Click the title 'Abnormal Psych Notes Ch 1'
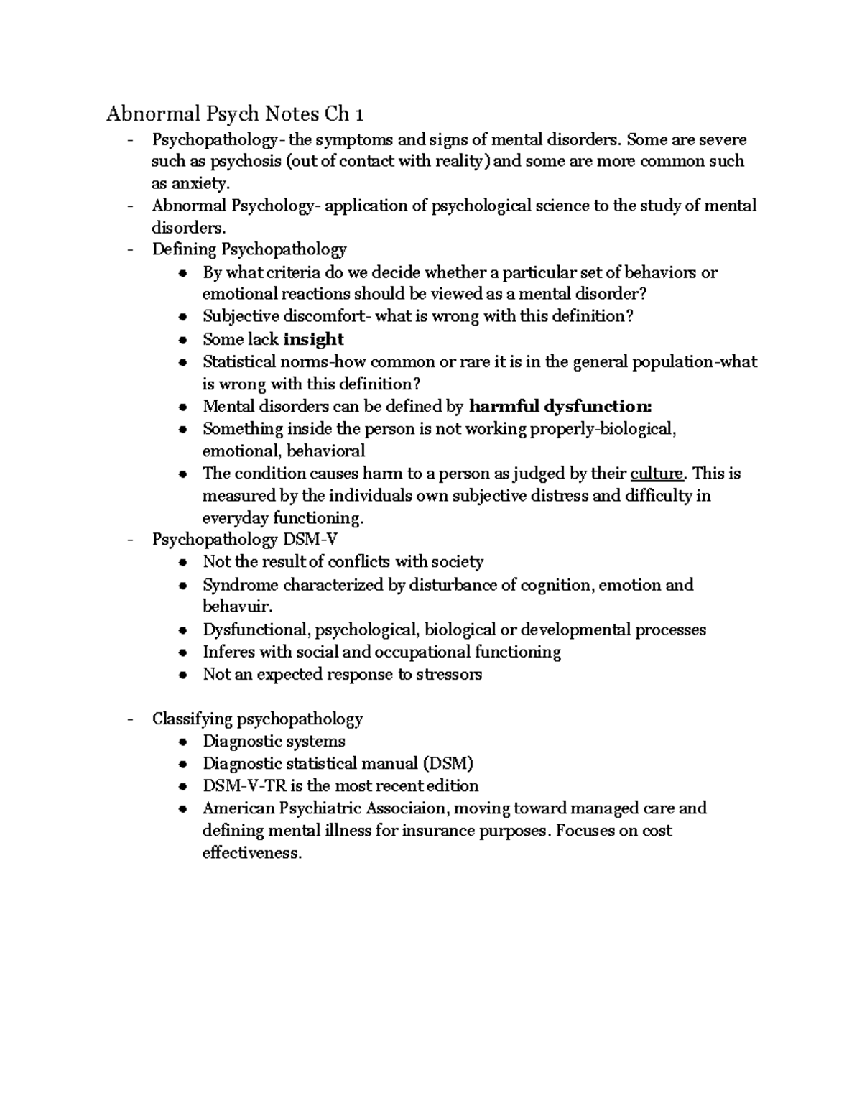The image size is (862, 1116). pyautogui.click(x=235, y=114)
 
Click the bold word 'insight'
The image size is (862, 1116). pyautogui.click(x=313, y=339)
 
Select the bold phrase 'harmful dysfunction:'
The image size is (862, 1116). pyautogui.click(x=560, y=407)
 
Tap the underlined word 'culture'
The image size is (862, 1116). pyautogui.click(x=657, y=474)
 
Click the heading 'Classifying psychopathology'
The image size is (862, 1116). pyautogui.click(x=257, y=719)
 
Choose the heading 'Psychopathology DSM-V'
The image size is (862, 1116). pyautogui.click(x=244, y=540)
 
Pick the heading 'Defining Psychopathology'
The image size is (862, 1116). pyautogui.click(x=249, y=249)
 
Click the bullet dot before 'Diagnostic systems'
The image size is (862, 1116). pyautogui.click(x=185, y=742)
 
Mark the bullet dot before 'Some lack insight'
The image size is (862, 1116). pyautogui.click(x=185, y=341)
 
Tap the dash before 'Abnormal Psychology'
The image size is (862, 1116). pyautogui.click(x=129, y=206)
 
